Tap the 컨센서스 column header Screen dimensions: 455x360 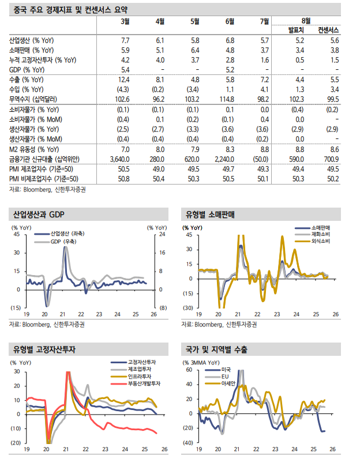[x=327, y=29]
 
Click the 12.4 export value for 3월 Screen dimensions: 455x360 [x=122, y=79]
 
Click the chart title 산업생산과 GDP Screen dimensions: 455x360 [x=39, y=215]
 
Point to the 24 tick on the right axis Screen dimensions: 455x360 [x=162, y=235]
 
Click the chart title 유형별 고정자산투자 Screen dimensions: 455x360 [x=46, y=350]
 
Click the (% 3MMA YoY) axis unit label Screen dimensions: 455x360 [x=203, y=362]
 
